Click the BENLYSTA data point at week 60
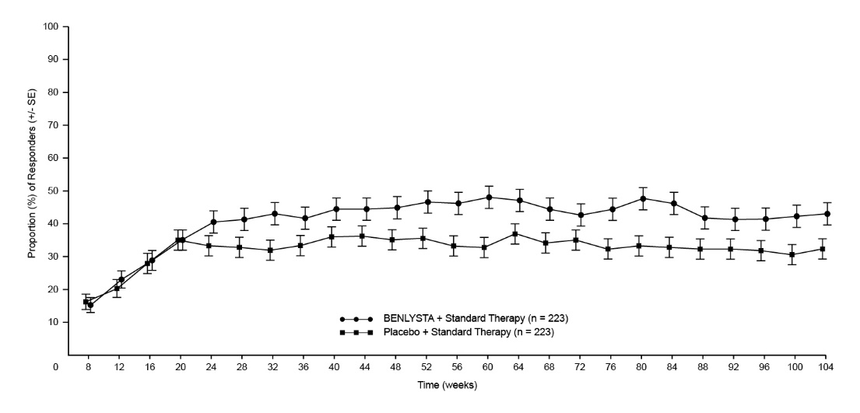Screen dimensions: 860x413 (489, 198)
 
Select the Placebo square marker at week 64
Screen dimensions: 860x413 (514, 234)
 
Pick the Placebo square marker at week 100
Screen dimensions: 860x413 (792, 254)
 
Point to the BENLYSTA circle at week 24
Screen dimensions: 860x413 (213, 222)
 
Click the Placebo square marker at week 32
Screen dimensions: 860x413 (270, 250)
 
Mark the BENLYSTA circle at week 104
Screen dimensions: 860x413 (827, 214)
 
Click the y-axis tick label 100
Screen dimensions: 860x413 (52, 26)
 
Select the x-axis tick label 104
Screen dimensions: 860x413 (826, 366)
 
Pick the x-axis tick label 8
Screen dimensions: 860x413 (88, 366)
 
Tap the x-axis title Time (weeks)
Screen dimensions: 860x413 (447, 385)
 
